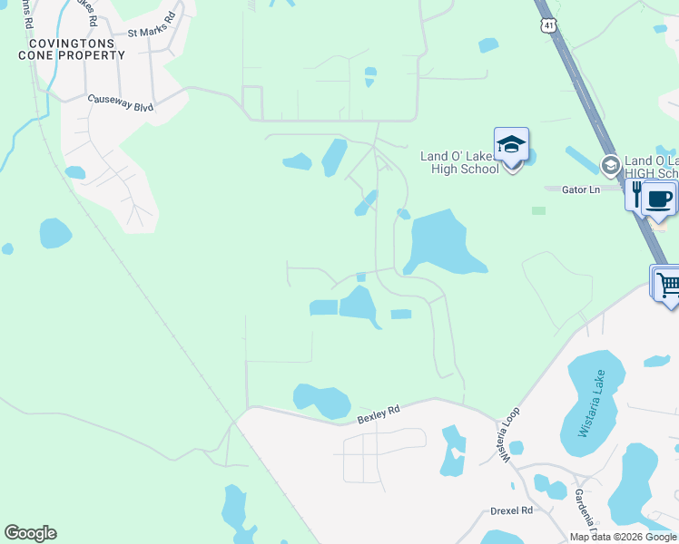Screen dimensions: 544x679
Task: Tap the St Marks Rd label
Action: point(151,24)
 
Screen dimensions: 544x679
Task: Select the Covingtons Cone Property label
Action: point(72,49)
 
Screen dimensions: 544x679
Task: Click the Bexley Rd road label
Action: point(379,414)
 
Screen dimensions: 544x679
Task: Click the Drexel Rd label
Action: point(511,510)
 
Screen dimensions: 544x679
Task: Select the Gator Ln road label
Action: point(581,189)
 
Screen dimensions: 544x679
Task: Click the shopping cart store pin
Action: point(667,285)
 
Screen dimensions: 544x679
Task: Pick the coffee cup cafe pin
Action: point(659,199)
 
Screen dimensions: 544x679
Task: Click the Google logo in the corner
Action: point(30,533)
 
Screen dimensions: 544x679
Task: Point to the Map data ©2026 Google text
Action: point(624,537)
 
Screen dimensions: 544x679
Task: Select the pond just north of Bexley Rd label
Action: point(322,399)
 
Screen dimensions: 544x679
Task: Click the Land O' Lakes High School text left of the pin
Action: point(459,162)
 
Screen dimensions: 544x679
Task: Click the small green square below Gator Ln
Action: point(539,210)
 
